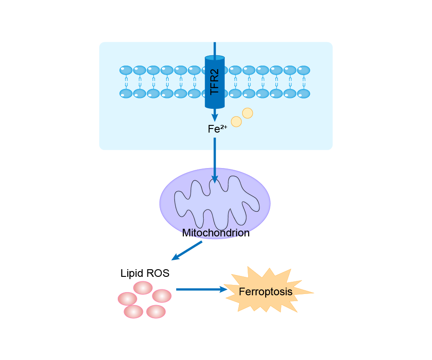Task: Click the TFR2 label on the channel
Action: pos(214,82)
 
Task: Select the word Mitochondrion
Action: pos(216,233)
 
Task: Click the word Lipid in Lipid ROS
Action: pos(131,273)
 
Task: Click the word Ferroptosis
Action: pos(266,292)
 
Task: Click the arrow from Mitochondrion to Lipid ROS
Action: pos(187,250)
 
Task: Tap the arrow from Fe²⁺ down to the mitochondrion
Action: pos(215,160)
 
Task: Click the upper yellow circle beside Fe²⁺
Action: pos(248,113)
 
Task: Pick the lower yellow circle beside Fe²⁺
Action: pos(236,121)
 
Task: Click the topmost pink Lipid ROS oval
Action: pos(143,288)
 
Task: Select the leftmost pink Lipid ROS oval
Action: pos(127,299)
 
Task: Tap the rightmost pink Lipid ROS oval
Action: pos(162,296)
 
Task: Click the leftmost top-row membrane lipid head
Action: pos(126,71)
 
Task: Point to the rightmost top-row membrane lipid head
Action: pos(303,71)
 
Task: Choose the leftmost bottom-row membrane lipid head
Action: pos(126,93)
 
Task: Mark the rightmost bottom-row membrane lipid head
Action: pos(303,93)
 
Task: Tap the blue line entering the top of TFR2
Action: pos(215,49)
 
